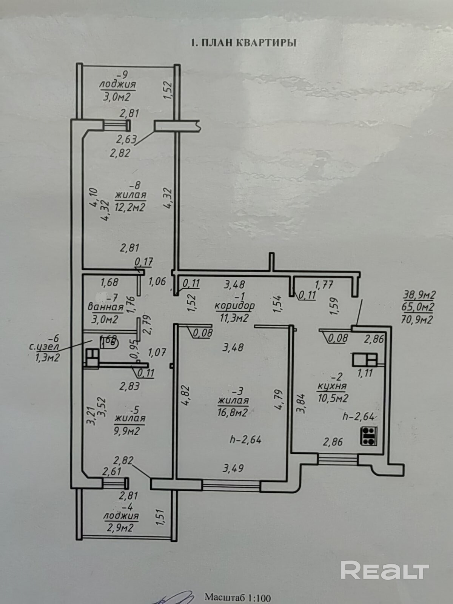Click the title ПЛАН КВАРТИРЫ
click(x=243, y=43)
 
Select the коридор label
click(x=234, y=305)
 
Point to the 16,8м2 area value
click(x=232, y=413)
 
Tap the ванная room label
click(x=105, y=307)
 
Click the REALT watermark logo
click(x=385, y=570)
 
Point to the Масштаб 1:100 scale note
click(x=238, y=597)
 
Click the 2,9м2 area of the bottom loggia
click(x=120, y=527)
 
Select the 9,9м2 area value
click(x=126, y=430)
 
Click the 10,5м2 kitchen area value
click(x=333, y=398)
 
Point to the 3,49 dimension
click(x=233, y=468)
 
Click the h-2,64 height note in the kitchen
click(x=358, y=416)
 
